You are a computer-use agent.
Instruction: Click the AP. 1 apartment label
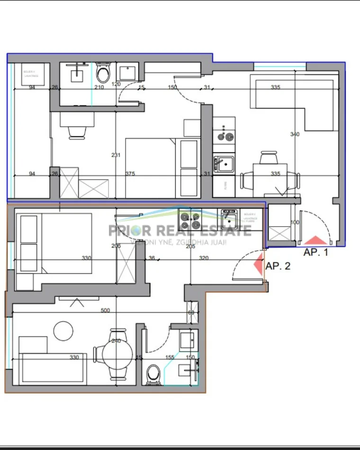coord(315,252)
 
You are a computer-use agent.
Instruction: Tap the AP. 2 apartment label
coord(278,266)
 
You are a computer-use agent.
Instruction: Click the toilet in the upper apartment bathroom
coord(102,73)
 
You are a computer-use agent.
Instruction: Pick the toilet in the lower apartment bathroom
coord(153,374)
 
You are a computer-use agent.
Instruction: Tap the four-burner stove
coord(190,219)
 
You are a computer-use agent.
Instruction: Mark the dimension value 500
coord(105,311)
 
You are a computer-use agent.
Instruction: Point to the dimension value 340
coord(295,135)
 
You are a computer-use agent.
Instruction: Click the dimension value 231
coord(116,155)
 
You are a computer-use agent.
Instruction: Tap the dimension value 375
coord(130,174)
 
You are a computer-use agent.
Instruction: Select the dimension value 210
coord(99,87)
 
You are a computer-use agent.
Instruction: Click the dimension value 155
coord(170,358)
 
